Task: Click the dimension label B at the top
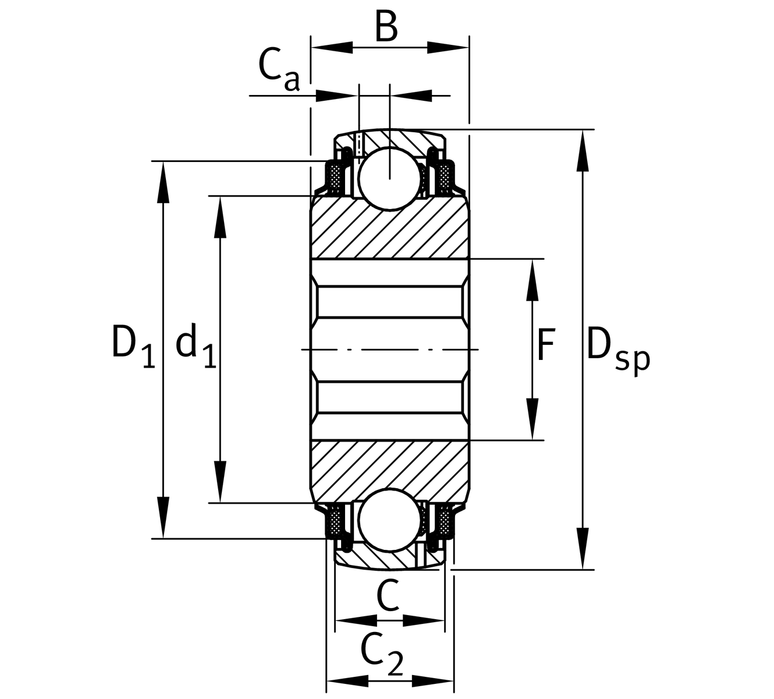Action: click(386, 26)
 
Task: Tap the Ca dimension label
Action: click(278, 69)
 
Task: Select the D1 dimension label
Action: click(133, 347)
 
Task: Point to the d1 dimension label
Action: click(196, 347)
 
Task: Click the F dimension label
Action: click(545, 345)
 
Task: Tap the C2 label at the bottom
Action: click(381, 653)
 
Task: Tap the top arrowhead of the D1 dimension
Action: click(164, 182)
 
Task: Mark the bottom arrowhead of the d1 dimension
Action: click(220, 481)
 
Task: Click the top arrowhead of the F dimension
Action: click(532, 280)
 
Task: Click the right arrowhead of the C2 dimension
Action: click(434, 680)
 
